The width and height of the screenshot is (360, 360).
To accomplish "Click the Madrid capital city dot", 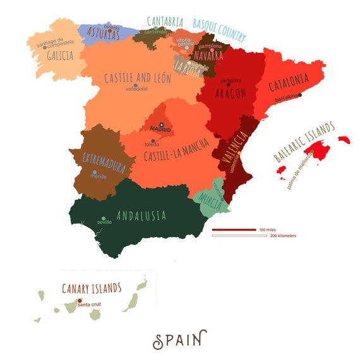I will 162,124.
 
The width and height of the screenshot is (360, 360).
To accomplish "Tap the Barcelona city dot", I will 301,95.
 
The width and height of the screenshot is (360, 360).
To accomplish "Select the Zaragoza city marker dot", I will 229,85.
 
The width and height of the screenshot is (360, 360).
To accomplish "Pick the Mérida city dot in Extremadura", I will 95,172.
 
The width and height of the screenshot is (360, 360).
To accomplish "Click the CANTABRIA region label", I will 165,22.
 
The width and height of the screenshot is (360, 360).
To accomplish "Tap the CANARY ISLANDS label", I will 92,288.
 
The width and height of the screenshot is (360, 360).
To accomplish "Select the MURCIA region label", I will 210,198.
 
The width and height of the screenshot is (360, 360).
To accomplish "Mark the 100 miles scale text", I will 267,229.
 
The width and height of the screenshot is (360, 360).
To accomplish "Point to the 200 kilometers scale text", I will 283,236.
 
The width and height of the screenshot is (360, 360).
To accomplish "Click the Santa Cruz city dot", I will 80,301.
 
